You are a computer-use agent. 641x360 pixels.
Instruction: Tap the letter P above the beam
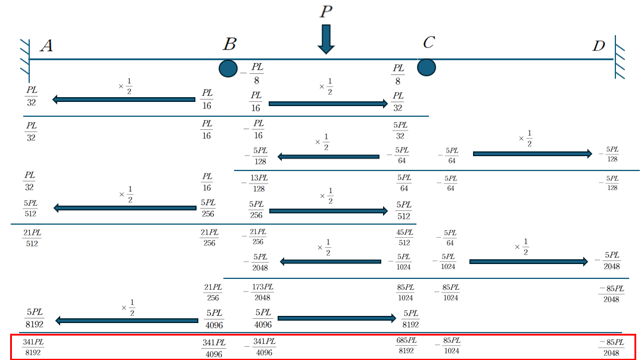(325, 11)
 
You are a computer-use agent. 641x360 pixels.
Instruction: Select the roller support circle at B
(228, 68)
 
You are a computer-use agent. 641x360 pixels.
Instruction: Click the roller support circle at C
(426, 66)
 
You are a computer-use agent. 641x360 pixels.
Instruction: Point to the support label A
(46, 46)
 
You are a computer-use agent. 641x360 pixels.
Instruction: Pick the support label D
(599, 46)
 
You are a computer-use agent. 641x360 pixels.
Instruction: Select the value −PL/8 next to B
(253, 73)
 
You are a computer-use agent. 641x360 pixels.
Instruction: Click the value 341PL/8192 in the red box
(33, 347)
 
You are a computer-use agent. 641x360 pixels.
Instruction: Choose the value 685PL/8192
(406, 346)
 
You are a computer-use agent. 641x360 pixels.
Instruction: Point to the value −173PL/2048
(258, 292)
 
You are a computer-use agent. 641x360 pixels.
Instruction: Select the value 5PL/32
(400, 130)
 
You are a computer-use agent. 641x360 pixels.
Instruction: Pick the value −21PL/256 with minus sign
(254, 237)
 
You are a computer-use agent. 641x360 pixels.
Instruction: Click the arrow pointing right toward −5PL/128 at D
(533, 154)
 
